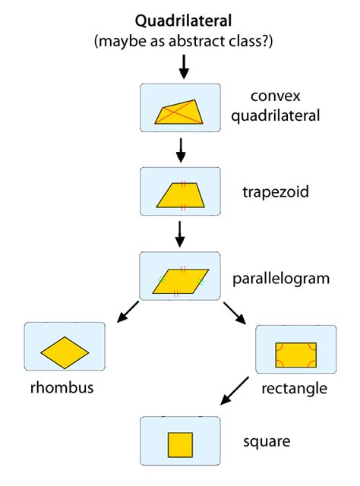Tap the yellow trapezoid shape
(180, 196)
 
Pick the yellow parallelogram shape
(180, 280)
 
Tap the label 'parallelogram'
(281, 279)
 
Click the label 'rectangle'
(294, 389)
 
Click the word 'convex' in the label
(275, 97)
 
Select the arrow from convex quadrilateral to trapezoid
(180, 150)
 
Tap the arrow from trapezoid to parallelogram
(180, 234)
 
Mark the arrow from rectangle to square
(233, 390)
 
